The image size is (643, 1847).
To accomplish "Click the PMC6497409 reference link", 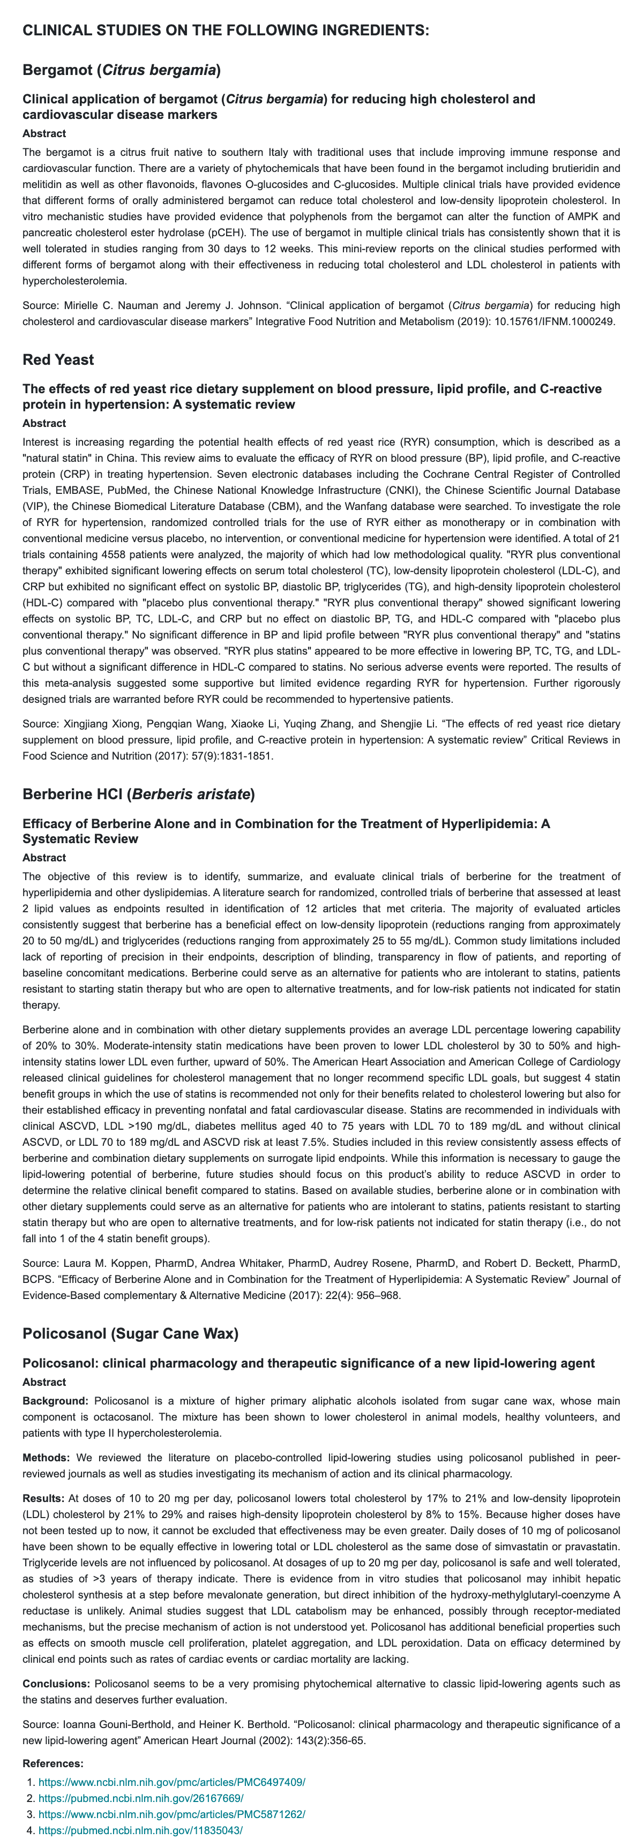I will tap(171, 1782).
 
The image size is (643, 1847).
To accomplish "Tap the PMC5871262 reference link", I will tap(171, 1813).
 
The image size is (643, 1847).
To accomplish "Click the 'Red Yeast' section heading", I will tap(58, 359).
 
